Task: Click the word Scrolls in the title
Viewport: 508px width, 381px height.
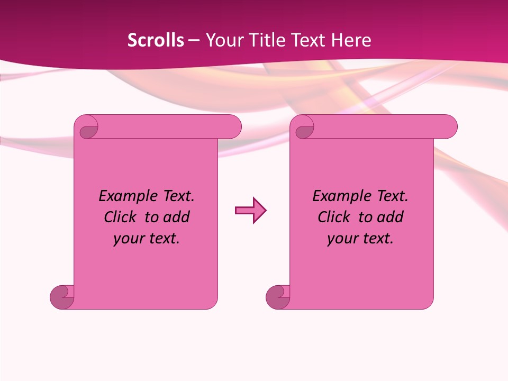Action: [x=156, y=40]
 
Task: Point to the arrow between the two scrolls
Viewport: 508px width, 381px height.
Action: [x=250, y=211]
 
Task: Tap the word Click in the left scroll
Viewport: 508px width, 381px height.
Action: [x=121, y=217]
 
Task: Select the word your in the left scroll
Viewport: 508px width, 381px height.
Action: [x=128, y=239]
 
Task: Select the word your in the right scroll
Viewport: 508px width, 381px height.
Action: [x=342, y=239]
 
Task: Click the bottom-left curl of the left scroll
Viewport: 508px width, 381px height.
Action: [x=62, y=297]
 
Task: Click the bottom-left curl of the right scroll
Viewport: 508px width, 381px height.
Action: [x=277, y=297]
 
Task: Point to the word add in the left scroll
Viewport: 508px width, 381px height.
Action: [x=177, y=217]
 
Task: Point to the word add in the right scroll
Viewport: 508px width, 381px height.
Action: [x=391, y=217]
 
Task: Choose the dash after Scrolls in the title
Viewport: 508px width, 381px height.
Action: [x=194, y=41]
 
